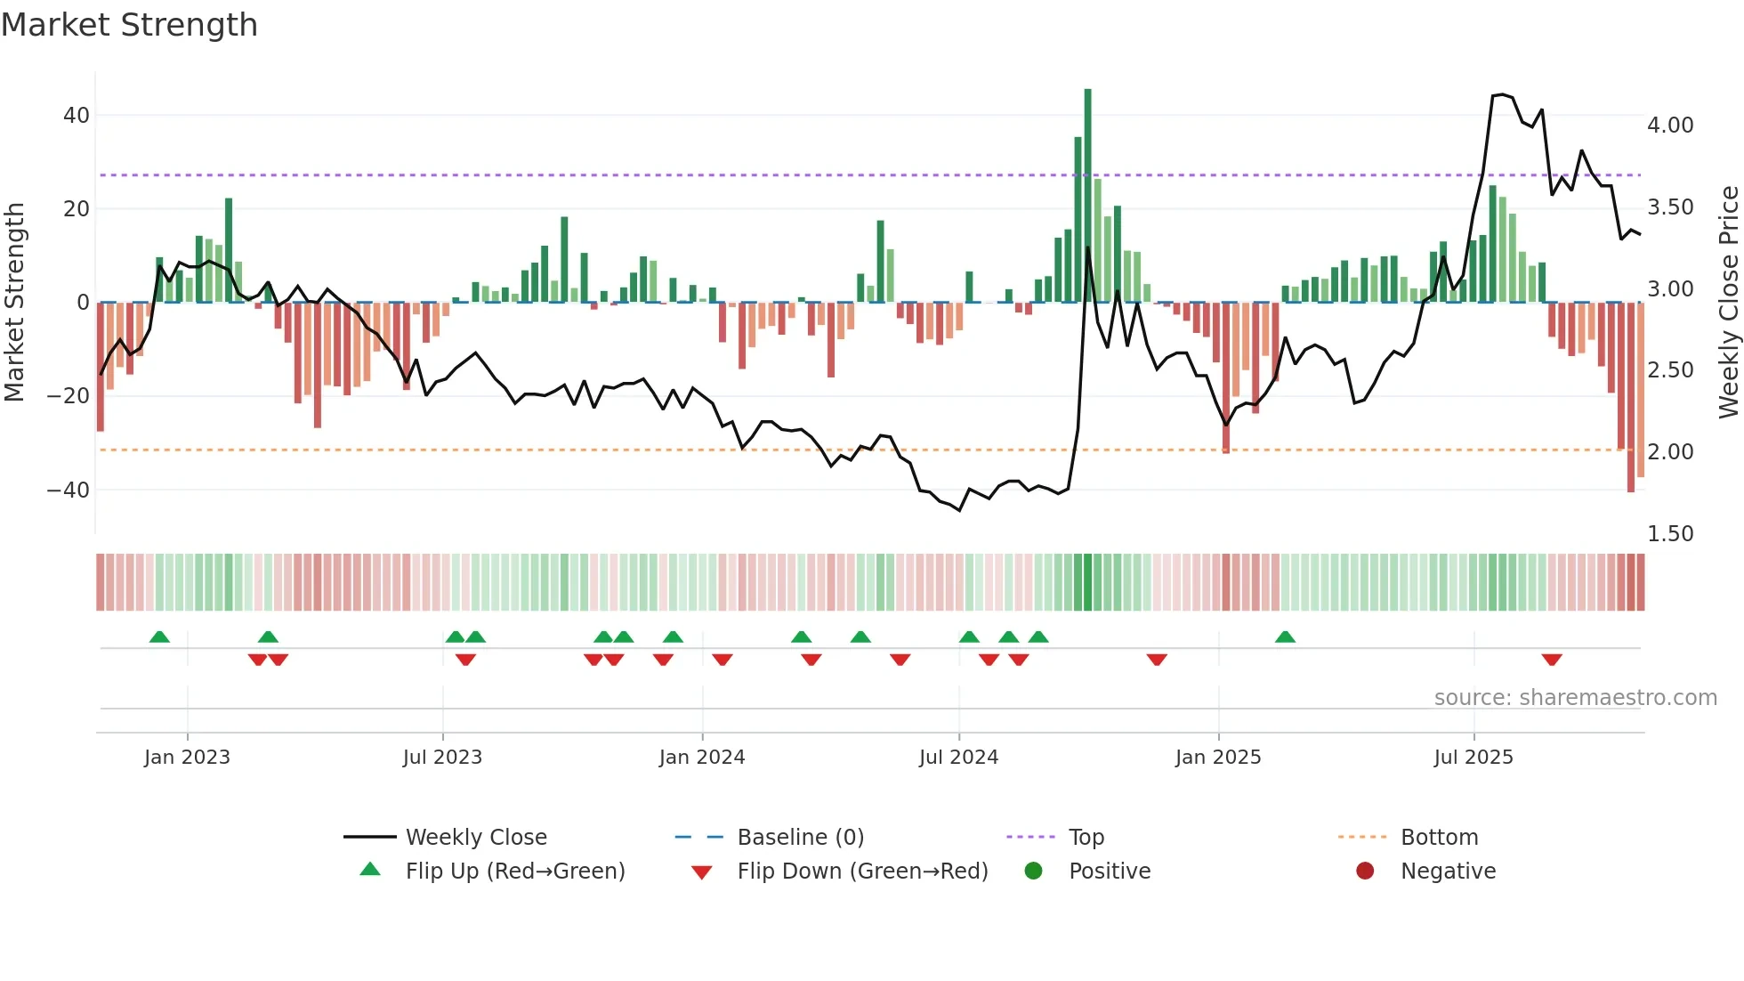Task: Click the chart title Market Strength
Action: tap(129, 25)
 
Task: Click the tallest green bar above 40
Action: tap(1087, 195)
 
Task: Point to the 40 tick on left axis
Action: tap(77, 116)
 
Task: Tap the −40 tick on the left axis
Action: tap(69, 490)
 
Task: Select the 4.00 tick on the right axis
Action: tap(1669, 126)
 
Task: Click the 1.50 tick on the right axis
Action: tap(1669, 534)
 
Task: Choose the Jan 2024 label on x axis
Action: tap(701, 758)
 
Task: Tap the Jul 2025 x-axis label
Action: tap(1473, 758)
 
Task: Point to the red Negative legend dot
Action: tap(1364, 872)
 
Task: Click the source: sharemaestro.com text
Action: tap(1575, 698)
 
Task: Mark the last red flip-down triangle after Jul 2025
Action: tap(1552, 660)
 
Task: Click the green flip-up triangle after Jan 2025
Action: tap(1285, 636)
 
